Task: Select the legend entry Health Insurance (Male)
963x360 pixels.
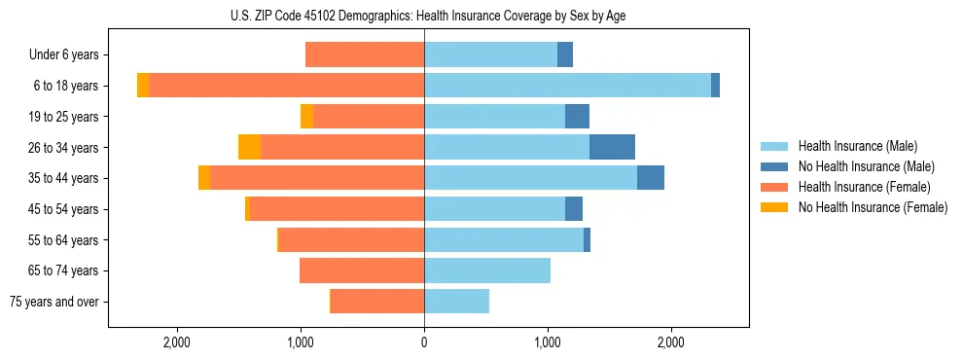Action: (857, 146)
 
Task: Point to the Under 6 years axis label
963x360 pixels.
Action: (63, 55)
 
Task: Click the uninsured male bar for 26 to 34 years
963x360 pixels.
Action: (612, 147)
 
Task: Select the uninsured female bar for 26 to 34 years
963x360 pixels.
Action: (250, 147)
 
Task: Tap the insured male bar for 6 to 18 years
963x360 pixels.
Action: (567, 86)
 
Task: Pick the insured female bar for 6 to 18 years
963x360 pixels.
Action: (286, 86)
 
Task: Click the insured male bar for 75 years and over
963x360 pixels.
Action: (456, 302)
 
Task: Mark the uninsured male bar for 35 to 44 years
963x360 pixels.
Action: (651, 178)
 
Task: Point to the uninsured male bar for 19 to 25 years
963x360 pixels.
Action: (577, 117)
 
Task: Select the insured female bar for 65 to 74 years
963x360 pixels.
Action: (362, 270)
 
